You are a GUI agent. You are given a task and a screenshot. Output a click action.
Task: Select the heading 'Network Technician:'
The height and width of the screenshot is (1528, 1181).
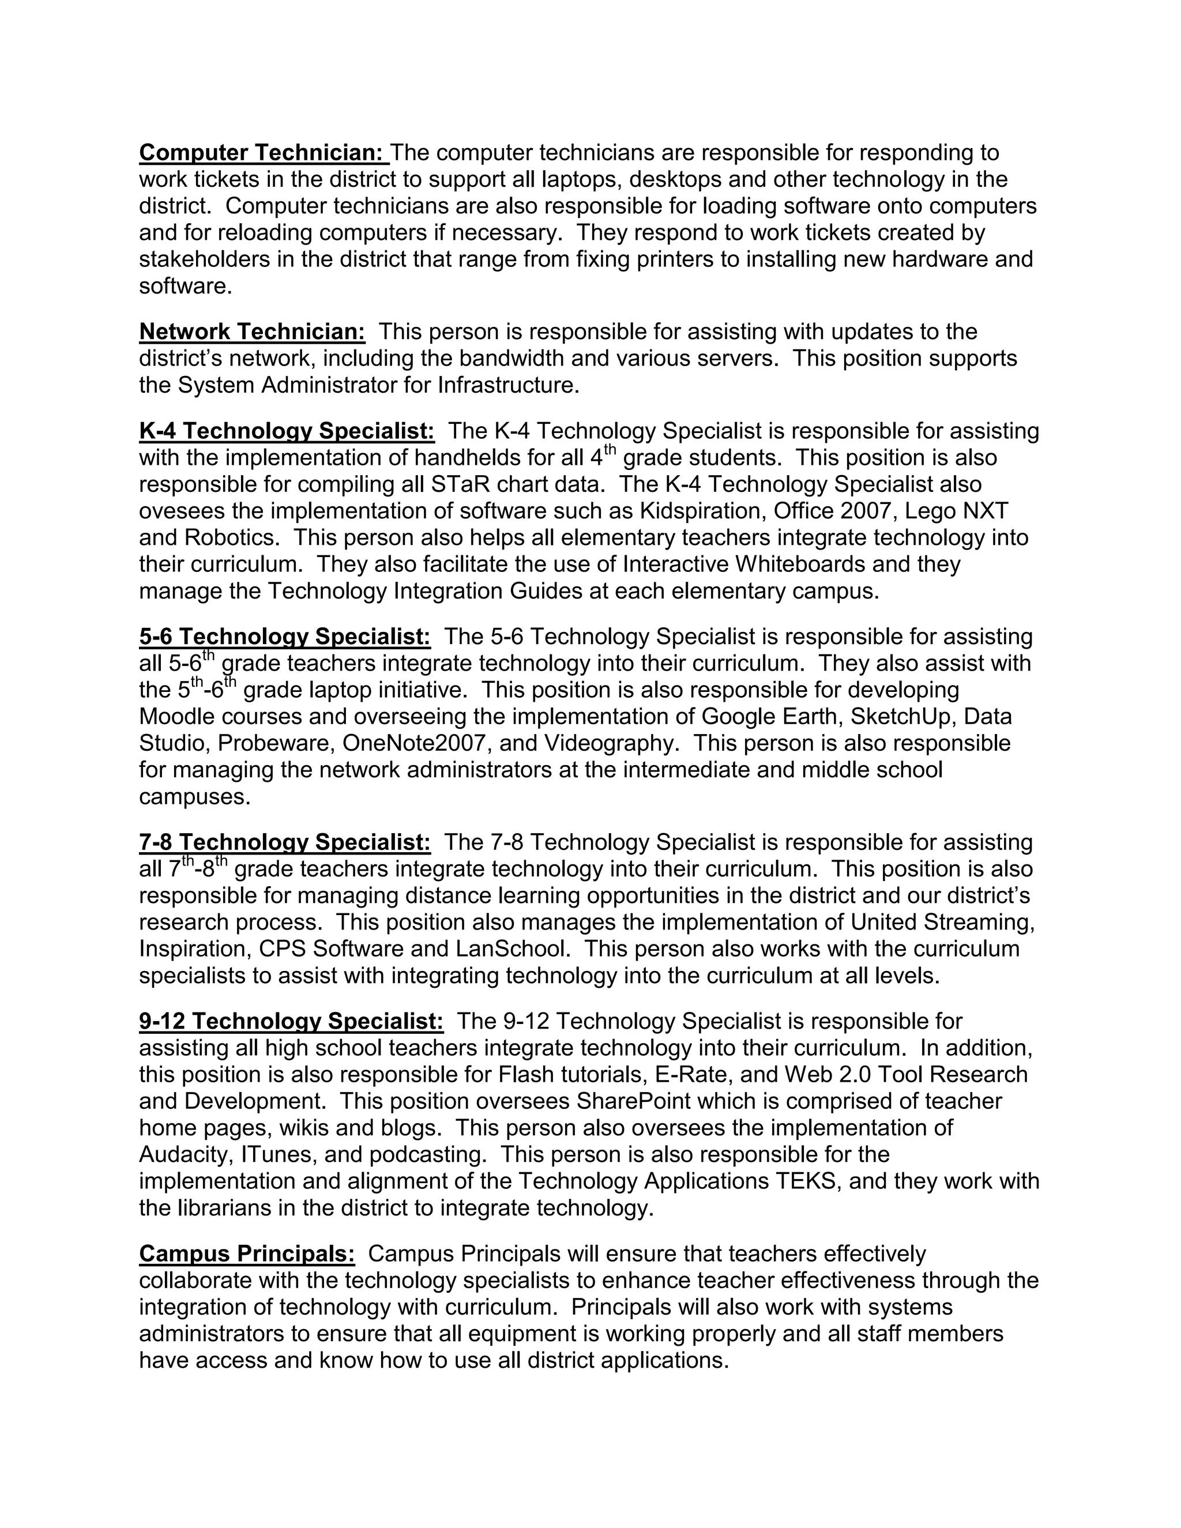point(252,332)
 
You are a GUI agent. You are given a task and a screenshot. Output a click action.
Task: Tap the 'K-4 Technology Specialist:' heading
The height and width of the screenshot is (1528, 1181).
point(287,431)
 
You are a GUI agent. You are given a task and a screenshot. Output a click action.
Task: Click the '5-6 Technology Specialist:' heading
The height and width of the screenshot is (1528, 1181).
point(285,637)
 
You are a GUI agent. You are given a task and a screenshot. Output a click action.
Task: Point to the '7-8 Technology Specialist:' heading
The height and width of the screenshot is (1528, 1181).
point(285,842)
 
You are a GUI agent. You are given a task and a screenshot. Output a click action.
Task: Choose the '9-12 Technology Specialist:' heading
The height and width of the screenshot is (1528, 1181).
point(291,1022)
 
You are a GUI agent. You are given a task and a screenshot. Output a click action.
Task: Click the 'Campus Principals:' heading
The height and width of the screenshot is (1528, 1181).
point(247,1254)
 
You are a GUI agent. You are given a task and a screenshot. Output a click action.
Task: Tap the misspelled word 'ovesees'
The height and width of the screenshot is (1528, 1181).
point(179,511)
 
